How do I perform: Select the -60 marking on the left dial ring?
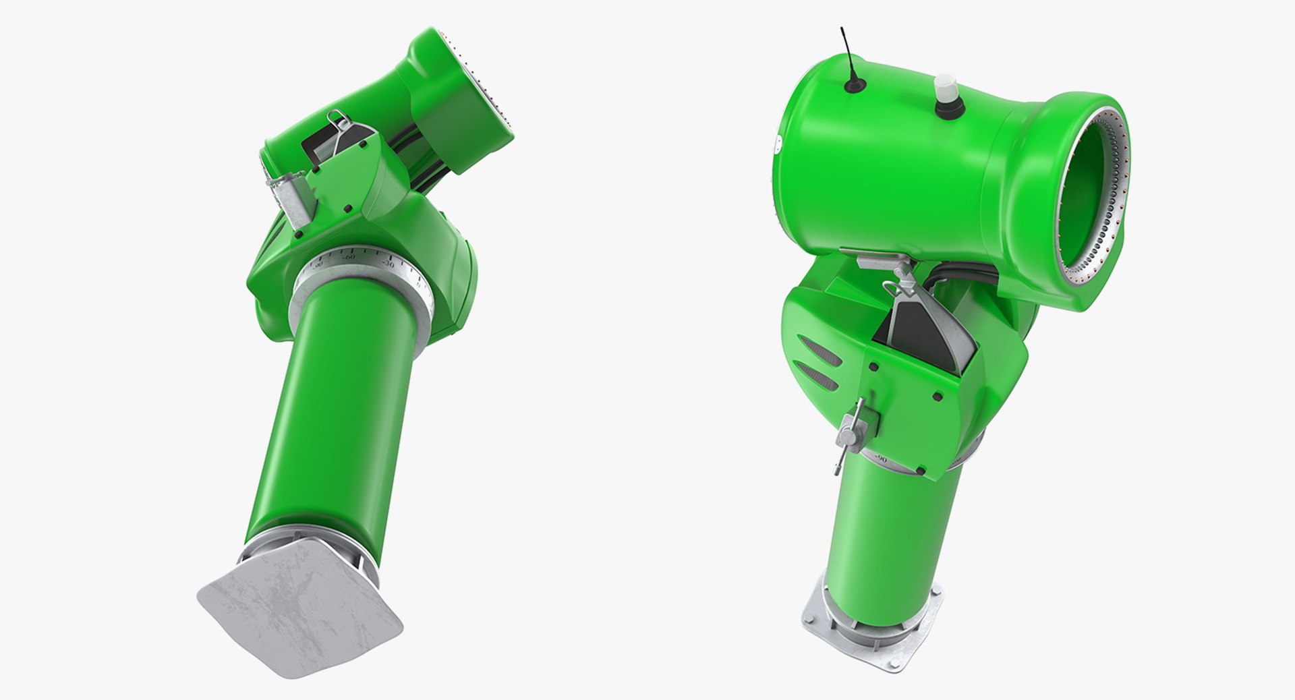tap(349, 257)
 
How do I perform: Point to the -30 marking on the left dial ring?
tap(388, 264)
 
